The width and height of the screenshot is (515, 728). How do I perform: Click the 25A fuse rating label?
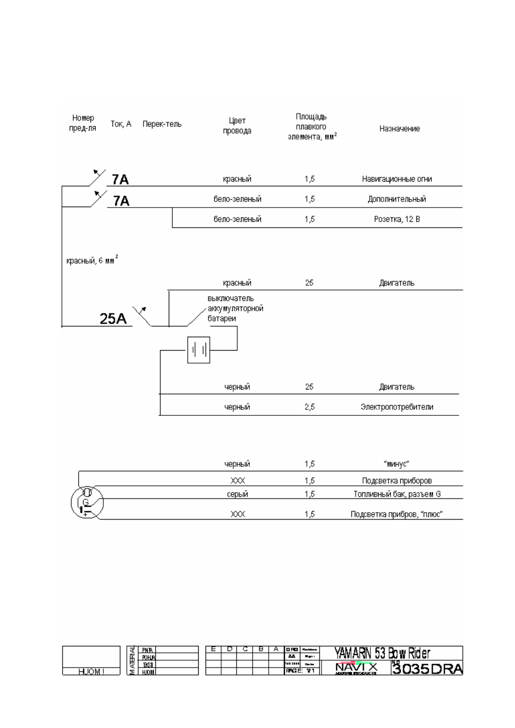(x=113, y=319)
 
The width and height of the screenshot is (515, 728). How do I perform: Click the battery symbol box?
(x=199, y=350)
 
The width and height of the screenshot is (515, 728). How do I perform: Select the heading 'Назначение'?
(x=399, y=128)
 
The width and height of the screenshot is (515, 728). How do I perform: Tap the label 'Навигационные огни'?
(x=397, y=179)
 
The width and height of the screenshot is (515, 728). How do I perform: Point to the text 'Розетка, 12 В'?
(x=397, y=219)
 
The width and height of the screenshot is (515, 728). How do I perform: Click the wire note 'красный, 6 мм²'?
(x=92, y=261)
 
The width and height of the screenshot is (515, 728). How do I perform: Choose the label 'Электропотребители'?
(x=397, y=407)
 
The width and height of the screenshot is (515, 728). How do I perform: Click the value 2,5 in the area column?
(x=309, y=407)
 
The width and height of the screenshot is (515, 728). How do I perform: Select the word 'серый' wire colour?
(x=237, y=494)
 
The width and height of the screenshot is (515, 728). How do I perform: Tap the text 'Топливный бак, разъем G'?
(x=397, y=494)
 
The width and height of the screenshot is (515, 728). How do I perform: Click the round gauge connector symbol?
(x=87, y=502)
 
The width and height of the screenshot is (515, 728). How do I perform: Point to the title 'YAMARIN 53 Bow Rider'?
(x=382, y=653)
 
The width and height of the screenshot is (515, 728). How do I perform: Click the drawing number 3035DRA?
(x=427, y=669)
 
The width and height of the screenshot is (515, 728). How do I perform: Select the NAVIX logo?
(x=356, y=668)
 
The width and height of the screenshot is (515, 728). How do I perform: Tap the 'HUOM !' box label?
(x=91, y=671)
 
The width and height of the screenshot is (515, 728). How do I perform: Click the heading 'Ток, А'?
(x=121, y=124)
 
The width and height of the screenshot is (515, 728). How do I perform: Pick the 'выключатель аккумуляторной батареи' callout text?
(x=235, y=308)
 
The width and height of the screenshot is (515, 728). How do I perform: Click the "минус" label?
(x=396, y=464)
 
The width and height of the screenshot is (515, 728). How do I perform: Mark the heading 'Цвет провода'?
(x=237, y=125)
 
